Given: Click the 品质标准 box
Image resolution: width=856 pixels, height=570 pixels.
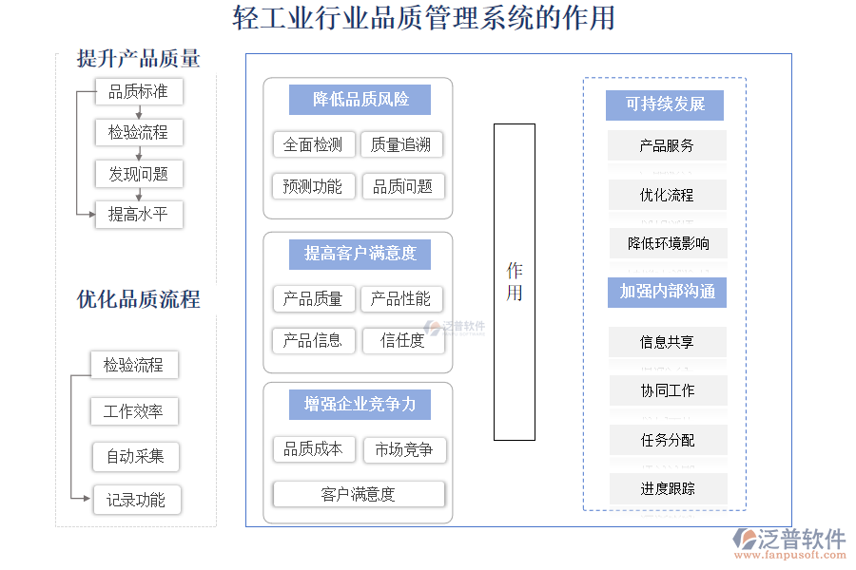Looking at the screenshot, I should click(x=139, y=92).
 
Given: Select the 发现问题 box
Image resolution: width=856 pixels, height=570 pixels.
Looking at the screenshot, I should click(x=139, y=174).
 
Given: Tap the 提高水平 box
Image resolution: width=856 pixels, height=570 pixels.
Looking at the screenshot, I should click(x=139, y=215).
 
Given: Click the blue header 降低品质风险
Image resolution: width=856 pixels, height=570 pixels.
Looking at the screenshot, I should click(x=360, y=100).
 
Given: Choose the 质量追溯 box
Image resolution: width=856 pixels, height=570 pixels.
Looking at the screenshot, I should click(x=402, y=144).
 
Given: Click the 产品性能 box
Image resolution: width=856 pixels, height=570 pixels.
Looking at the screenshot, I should click(x=401, y=299).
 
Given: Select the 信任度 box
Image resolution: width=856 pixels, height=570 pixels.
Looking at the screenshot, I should click(x=402, y=340).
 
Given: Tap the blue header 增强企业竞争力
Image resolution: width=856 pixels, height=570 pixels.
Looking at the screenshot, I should click(x=360, y=404).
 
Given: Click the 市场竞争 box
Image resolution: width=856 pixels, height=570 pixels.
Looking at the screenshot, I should click(x=404, y=449).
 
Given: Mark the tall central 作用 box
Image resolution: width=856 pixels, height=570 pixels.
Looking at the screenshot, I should click(x=514, y=282).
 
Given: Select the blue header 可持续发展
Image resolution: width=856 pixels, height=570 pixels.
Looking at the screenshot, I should click(x=665, y=104).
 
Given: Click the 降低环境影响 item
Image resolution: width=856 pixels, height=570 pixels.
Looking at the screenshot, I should click(x=668, y=243).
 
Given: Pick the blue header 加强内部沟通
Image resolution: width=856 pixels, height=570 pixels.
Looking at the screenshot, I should click(x=667, y=292).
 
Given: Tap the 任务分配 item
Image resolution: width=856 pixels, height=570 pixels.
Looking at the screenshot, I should click(x=668, y=440).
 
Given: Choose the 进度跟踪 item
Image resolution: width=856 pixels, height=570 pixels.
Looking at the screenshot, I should click(x=668, y=488).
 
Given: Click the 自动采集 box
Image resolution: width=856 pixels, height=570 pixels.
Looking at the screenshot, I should click(x=135, y=456).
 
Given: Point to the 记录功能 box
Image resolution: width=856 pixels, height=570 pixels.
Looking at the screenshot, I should click(x=136, y=500).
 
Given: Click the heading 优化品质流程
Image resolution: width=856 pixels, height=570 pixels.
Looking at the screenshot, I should click(x=139, y=300).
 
